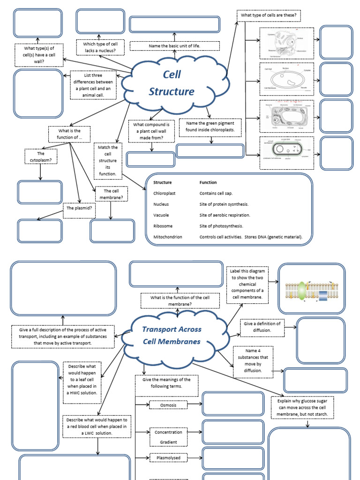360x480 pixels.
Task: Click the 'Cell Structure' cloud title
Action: pos(172,83)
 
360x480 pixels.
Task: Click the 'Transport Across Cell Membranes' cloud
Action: pos(171,335)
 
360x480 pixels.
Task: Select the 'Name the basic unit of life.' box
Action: pos(174,46)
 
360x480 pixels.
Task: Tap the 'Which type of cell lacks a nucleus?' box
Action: pos(100,47)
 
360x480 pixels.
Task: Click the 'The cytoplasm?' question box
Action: pos(41,157)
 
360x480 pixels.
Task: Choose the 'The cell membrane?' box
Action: pos(112,194)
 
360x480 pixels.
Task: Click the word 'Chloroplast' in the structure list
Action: pos(164,193)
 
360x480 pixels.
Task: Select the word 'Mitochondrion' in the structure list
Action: pos(167,237)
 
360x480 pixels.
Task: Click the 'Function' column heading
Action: pos(208,182)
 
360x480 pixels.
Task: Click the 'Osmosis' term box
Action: pos(168,405)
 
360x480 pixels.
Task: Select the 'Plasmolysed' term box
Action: pos(168,457)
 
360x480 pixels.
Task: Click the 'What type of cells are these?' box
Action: pos(268,16)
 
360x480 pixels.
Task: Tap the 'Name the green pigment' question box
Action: pos(210,127)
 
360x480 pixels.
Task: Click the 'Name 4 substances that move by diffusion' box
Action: pos(253,361)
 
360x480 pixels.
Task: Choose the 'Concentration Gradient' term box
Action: pos(168,437)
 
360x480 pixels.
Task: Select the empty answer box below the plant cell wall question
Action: pos(150,159)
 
